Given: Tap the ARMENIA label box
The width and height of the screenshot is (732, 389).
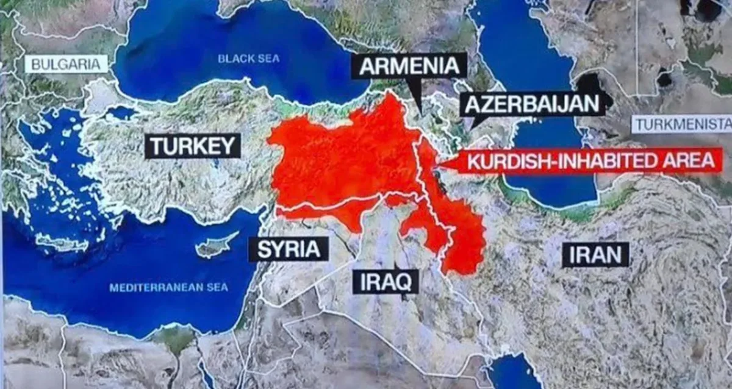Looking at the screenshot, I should point(409,66).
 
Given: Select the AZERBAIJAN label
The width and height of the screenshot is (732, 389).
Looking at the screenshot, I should point(532,104).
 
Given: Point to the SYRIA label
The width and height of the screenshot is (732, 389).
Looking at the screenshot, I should point(289,249).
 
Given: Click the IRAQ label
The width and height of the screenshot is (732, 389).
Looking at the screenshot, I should point(386,281).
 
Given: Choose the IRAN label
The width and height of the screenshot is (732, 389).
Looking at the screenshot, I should point(595,254).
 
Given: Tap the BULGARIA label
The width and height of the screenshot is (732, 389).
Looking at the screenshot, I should point(66,64).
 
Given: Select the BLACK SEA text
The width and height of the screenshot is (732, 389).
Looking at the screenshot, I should point(249,59).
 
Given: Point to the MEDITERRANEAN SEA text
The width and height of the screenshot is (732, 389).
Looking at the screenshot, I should point(168,287).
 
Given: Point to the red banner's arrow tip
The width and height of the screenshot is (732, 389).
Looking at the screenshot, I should point(438,163).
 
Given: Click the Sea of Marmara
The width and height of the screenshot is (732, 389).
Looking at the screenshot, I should point(120,113).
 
